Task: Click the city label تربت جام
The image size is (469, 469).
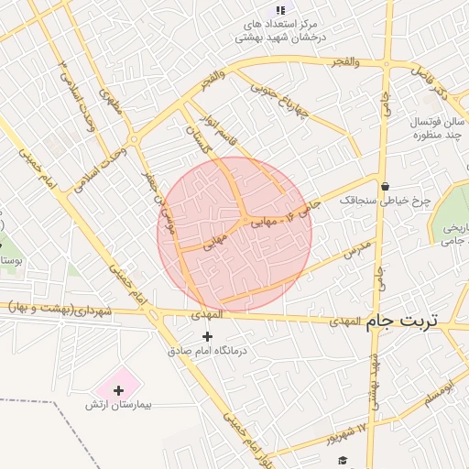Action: tap(402, 322)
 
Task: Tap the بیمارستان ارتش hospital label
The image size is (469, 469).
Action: tap(118, 405)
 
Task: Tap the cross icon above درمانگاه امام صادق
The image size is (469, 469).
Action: tap(206, 336)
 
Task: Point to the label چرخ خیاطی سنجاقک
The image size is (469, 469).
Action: tap(371, 199)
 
